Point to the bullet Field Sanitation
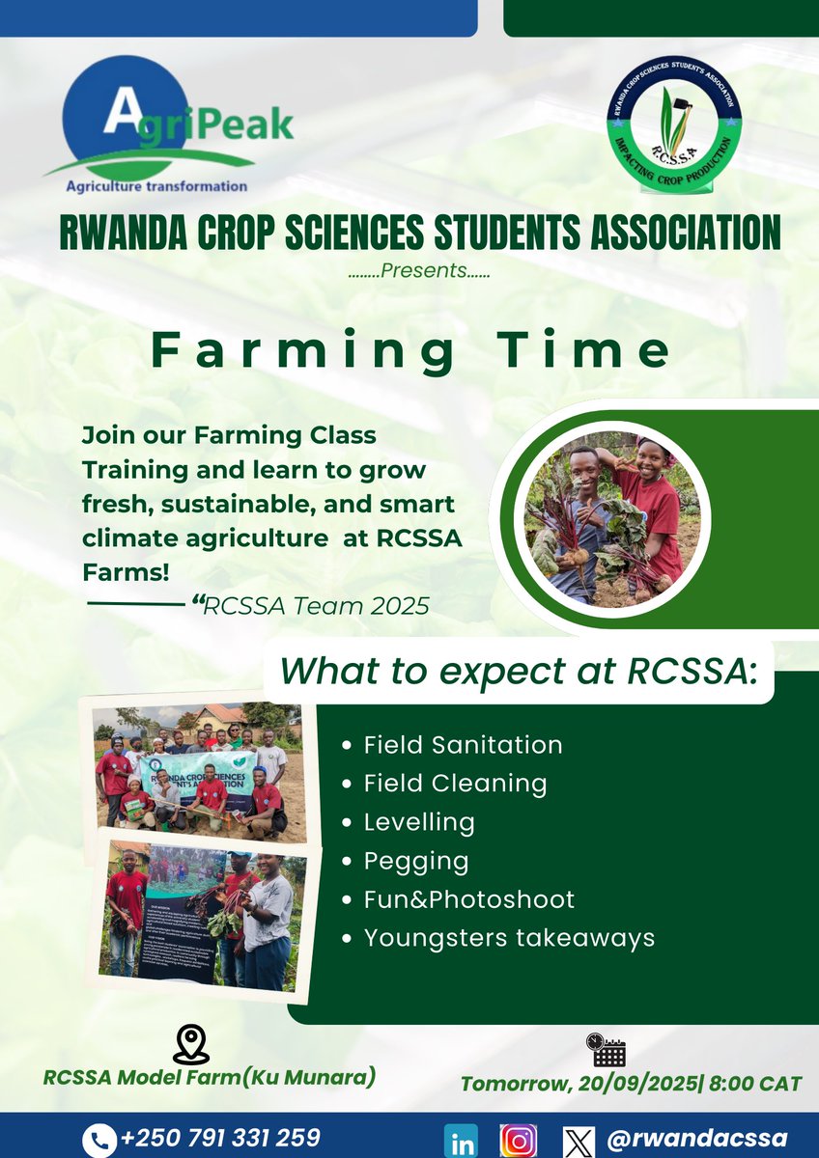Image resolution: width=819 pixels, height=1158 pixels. click(463, 745)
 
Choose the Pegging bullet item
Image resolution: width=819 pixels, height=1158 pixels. click(416, 861)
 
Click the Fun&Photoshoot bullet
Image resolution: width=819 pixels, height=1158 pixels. click(468, 899)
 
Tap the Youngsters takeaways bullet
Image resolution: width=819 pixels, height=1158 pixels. click(509, 937)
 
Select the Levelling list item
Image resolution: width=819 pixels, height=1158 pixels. click(419, 822)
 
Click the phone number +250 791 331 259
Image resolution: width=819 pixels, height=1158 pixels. click(219, 1138)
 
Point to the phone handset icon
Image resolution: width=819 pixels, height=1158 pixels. click(98, 1139)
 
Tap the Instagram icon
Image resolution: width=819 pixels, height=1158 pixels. click(519, 1140)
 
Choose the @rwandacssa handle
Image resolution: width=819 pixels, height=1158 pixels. click(696, 1138)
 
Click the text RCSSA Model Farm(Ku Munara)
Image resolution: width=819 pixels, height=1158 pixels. click(210, 1077)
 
